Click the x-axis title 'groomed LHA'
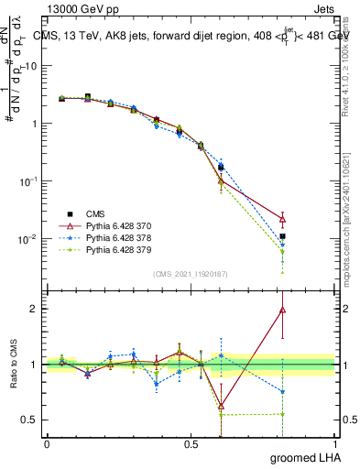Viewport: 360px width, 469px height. pyautogui.click(x=306, y=456)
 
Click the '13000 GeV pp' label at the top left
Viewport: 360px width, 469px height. pyautogui.click(x=76, y=8)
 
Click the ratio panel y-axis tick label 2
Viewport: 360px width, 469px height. pyautogui.click(x=36, y=309)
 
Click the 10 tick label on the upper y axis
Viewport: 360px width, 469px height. pyautogui.click(x=30, y=66)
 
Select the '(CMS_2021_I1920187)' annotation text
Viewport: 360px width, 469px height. pyautogui.click(x=191, y=272)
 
